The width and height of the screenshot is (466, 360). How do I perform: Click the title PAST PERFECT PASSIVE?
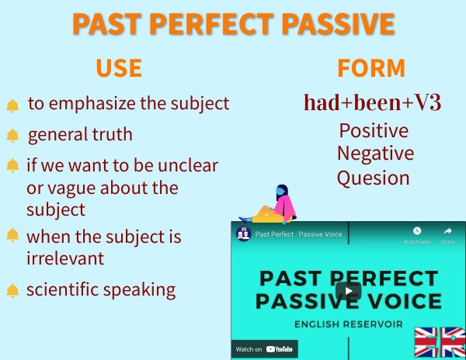coord(233,23)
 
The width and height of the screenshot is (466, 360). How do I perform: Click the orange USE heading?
coord(119,68)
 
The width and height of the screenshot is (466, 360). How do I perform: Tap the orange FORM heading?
coord(371,68)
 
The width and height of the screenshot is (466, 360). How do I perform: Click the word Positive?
coord(374,130)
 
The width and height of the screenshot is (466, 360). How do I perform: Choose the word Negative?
coord(375,153)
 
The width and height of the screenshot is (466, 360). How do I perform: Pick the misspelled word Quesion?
coord(373,178)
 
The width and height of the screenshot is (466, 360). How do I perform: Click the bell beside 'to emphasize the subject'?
coord(12,106)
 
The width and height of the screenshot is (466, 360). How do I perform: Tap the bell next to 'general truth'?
coord(12,136)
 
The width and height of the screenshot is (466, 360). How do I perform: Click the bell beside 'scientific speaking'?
coord(12,292)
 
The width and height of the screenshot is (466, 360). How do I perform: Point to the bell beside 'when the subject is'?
coord(12,235)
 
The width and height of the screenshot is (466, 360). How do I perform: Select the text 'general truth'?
coord(80,135)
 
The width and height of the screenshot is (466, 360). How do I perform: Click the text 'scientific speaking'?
coord(101,291)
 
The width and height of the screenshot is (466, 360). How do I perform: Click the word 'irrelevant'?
coord(65,258)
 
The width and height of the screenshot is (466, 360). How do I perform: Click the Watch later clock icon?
coord(417,231)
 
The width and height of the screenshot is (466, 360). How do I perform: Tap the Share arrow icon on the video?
coord(447,231)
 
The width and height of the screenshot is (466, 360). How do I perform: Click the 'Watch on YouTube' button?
coord(266,349)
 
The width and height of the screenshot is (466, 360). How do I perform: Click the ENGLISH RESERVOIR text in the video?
coord(348,323)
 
